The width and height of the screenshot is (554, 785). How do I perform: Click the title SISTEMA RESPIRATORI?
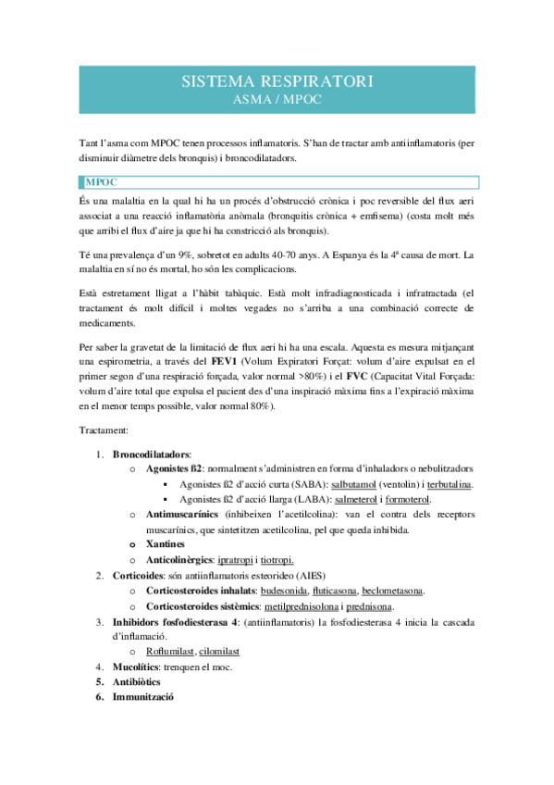pyautogui.click(x=277, y=82)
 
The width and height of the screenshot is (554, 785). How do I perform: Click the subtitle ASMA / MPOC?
pyautogui.click(x=277, y=98)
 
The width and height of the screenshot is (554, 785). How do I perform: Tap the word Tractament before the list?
pyautogui.click(x=105, y=430)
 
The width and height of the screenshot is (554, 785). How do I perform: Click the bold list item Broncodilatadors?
pyautogui.click(x=152, y=455)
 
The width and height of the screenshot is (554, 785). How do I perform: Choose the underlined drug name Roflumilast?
pyautogui.click(x=170, y=651)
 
